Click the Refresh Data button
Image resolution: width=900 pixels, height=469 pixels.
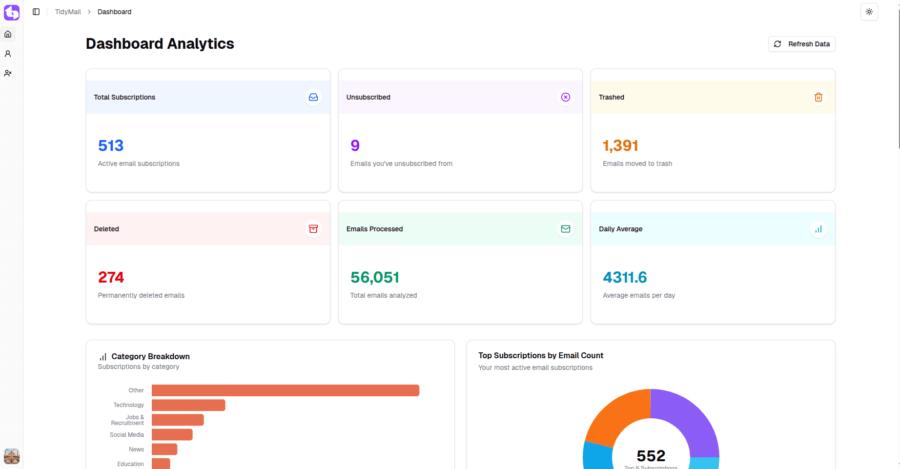(x=801, y=44)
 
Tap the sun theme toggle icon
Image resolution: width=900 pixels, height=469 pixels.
(x=869, y=12)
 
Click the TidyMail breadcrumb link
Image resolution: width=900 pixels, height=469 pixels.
(x=68, y=12)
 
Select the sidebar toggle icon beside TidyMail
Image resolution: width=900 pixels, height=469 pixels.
(x=36, y=12)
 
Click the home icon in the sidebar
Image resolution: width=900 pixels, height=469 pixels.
(x=8, y=34)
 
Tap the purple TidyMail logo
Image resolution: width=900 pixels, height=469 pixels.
(x=12, y=12)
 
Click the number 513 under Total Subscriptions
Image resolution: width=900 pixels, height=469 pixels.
(x=111, y=145)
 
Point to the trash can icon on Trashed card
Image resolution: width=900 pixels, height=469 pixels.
(x=818, y=97)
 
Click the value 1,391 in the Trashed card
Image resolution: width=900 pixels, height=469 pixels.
(x=620, y=145)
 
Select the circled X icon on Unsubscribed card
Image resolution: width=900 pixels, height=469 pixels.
(x=565, y=97)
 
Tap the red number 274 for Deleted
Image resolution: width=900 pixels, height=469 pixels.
(x=111, y=277)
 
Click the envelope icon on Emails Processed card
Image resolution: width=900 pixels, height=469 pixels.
(x=565, y=229)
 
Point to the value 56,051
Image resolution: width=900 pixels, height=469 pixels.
(x=375, y=277)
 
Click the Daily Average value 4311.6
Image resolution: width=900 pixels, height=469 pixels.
(x=625, y=277)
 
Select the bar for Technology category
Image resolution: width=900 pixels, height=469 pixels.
(x=188, y=405)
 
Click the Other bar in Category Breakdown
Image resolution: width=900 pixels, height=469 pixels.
(x=286, y=390)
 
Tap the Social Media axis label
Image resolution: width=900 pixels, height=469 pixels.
(x=127, y=435)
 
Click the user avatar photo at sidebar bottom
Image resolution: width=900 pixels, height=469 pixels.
(x=12, y=456)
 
